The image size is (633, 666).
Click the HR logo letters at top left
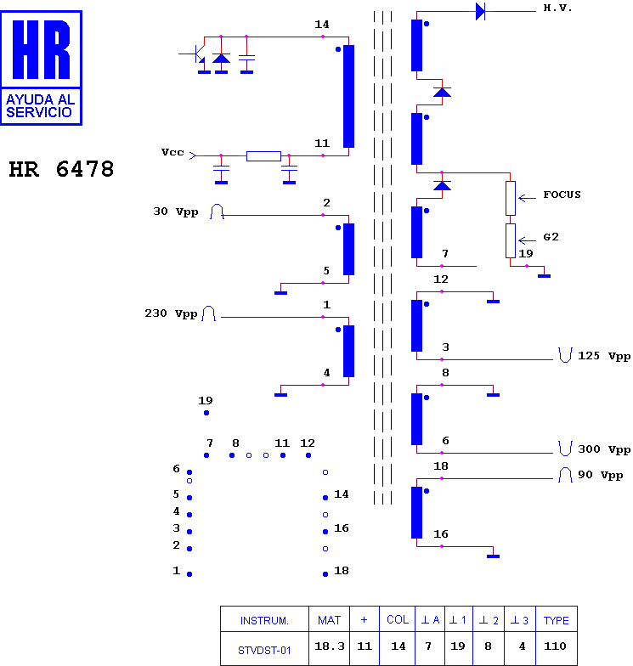pos(41,49)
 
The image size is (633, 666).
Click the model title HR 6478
pos(61,169)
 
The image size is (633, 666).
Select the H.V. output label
pos(557,8)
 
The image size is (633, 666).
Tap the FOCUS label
pos(562,195)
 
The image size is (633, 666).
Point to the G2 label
pos(551,237)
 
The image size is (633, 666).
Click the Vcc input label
pos(172,152)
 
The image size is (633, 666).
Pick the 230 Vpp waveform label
pos(171,313)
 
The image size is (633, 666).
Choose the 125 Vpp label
pos(604,356)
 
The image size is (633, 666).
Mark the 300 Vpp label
pos(604,449)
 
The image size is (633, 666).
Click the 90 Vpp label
pos(600,475)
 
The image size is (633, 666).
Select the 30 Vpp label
pos(175,212)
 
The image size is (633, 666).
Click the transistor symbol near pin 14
pos(197,54)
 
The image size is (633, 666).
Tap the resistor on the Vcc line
pos(263,156)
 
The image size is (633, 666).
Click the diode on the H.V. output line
pos(481,12)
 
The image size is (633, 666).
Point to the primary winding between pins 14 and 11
pos(348,97)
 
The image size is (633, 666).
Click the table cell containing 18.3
pos(330,646)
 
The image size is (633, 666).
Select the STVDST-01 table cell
pos(264,650)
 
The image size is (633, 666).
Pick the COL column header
pos(398,620)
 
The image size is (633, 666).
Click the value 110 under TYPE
pos(556,646)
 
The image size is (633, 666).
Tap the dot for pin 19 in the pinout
pos(206,413)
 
